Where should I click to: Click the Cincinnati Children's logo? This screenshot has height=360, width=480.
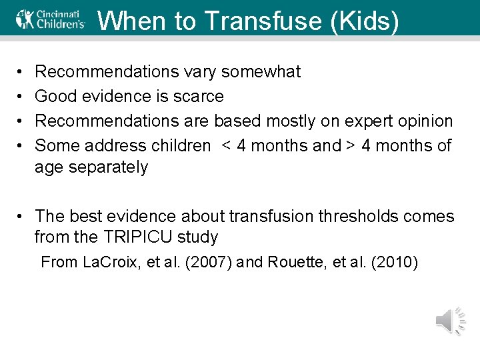(51, 19)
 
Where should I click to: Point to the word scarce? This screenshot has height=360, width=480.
(199, 97)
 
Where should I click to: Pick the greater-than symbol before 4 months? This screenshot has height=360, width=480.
(350, 145)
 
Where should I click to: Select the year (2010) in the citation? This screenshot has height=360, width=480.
(394, 262)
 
